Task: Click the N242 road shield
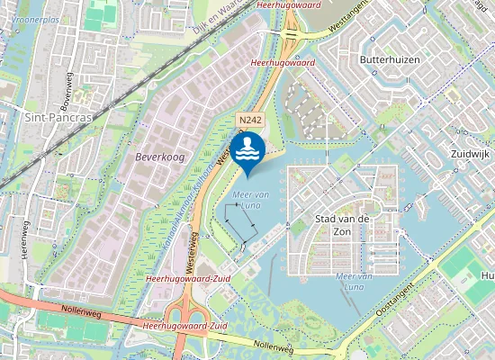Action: point(249,120)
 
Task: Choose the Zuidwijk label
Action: point(468,154)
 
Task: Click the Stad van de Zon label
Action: point(344,225)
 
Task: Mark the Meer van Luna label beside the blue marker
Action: point(246,199)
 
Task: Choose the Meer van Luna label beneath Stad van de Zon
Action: point(355,281)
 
